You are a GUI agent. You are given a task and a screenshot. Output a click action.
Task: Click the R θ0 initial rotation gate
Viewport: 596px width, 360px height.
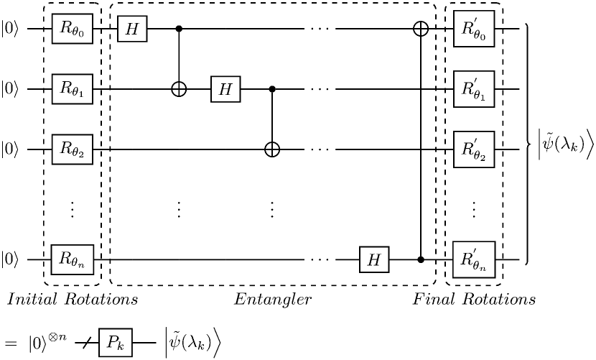click(73, 29)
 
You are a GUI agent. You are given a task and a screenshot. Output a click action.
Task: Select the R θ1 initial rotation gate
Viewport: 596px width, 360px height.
click(73, 89)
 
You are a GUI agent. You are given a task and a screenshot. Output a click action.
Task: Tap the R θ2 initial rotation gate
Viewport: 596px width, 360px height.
click(73, 149)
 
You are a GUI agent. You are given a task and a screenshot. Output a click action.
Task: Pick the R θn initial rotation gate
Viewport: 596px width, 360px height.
click(73, 259)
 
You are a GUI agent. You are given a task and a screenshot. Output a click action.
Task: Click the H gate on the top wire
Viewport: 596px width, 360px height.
click(132, 29)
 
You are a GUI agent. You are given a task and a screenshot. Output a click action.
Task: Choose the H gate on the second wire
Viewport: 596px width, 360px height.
click(225, 89)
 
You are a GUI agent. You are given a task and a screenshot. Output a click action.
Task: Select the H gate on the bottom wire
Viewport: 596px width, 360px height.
click(374, 259)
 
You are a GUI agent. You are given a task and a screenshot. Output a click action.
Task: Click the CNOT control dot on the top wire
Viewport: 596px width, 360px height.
click(179, 29)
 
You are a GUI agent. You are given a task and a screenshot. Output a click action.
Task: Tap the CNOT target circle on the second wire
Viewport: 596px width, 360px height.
click(179, 89)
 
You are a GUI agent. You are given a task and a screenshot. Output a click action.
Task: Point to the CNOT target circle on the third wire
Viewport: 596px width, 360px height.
click(272, 149)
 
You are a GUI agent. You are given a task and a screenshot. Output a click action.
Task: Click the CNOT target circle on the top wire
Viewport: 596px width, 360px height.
click(421, 29)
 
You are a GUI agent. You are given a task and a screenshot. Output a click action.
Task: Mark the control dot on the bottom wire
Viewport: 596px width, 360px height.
click(421, 259)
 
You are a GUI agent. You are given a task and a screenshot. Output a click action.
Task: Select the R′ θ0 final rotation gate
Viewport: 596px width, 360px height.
click(474, 29)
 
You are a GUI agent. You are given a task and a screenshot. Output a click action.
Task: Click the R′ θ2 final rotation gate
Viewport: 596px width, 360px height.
click(474, 149)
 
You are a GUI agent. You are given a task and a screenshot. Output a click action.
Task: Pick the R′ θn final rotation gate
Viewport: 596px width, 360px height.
click(474, 259)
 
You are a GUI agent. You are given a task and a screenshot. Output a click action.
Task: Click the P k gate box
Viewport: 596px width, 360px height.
click(116, 343)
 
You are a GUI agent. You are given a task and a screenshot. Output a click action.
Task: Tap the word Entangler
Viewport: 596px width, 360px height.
click(273, 300)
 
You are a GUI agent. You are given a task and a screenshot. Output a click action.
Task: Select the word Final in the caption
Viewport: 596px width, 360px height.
click(434, 299)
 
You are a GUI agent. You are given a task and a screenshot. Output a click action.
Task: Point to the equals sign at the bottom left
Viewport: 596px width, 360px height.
click(11, 343)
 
